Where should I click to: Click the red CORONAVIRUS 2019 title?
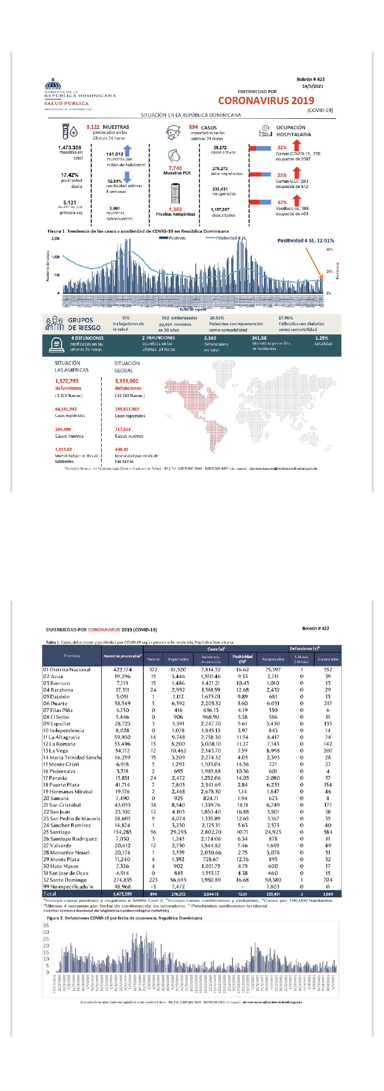pos(266,101)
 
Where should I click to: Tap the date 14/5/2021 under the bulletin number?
pos(312,86)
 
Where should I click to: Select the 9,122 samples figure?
pos(93,127)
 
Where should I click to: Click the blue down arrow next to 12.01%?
pos(127,177)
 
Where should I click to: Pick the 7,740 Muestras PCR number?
pos(175,168)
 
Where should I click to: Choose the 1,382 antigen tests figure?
pos(175,209)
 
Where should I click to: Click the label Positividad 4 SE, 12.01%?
pos(305,240)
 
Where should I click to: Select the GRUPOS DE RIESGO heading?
pos(84,324)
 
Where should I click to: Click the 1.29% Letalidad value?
pos(322,338)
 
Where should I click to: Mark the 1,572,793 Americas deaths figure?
pos(67,381)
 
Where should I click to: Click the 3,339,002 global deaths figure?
pos(126,381)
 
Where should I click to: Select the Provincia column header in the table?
pos(72,656)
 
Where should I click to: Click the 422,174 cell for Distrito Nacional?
pos(123,669)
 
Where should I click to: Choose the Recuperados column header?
pos(273,659)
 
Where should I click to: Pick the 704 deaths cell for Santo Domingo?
pos(328,880)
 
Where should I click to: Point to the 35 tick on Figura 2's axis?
pos(46,925)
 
